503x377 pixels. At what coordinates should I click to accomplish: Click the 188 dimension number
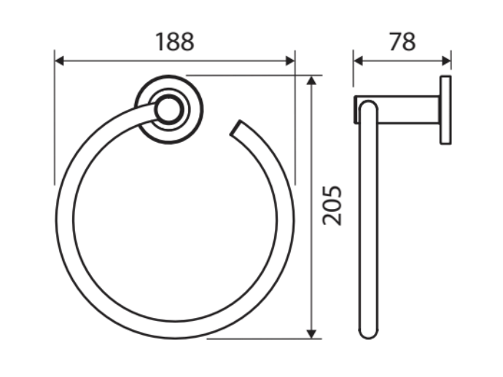coord(175,42)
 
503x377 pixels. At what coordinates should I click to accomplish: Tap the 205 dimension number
coord(332,206)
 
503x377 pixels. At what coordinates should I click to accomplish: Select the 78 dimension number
coord(402,42)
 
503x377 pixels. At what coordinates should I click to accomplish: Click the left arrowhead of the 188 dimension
coord(59,60)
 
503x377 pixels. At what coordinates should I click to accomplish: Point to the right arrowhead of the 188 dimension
coord(290,60)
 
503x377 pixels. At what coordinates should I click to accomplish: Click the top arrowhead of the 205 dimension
coord(311,80)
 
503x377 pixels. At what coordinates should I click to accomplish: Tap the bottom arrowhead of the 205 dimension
coord(311,334)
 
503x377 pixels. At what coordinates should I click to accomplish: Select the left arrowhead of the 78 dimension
coord(358,60)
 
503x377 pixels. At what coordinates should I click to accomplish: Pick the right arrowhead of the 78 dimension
coord(446,60)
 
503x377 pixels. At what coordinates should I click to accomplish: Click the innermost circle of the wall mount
coord(168,110)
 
